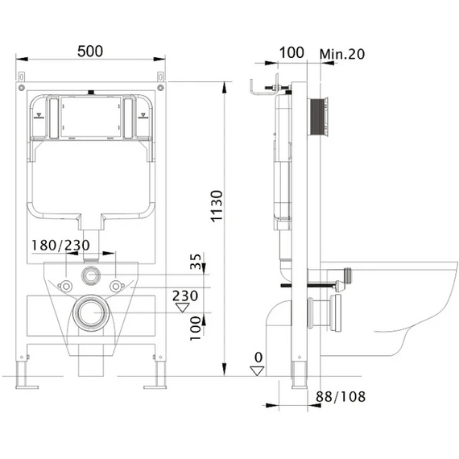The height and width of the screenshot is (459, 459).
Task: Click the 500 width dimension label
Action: tap(90, 52)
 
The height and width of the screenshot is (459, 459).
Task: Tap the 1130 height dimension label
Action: tap(217, 206)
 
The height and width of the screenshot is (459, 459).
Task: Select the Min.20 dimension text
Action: tap(342, 54)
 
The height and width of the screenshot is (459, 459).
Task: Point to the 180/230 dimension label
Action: tap(60, 246)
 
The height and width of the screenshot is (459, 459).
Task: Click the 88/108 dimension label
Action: tap(341, 397)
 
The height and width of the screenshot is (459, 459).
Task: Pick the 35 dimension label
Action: tap(196, 261)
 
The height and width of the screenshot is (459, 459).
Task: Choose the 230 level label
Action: tap(185, 296)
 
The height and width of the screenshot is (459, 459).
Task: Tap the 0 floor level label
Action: tap(258, 358)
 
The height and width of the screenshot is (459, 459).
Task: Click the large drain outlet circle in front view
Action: tap(91, 313)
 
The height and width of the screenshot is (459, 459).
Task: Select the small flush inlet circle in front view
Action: tap(91, 275)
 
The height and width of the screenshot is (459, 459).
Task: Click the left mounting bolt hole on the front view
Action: tap(66, 287)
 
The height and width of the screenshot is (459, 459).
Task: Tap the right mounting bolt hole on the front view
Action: tap(116, 287)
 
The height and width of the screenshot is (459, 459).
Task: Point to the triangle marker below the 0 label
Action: tap(258, 371)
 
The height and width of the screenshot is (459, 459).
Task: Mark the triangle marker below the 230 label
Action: tap(182, 308)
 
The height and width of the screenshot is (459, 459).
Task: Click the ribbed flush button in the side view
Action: tap(318, 117)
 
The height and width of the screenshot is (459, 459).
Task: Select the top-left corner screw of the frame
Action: tap(22, 88)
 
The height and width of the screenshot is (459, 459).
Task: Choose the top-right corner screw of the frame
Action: tap(160, 88)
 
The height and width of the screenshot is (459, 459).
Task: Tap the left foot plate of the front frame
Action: tap(27, 387)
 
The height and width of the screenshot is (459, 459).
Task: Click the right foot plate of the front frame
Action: tap(155, 387)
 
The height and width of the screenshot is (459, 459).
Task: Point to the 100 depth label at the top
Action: tap(292, 53)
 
